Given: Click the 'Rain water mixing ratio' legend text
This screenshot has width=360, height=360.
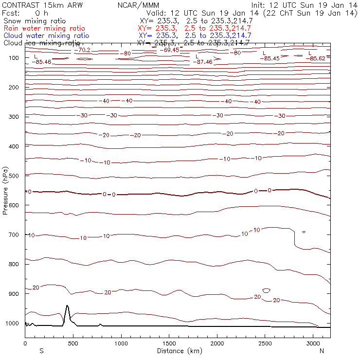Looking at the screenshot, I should (x=44, y=28).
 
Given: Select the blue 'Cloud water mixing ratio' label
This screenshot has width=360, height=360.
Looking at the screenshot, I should (x=46, y=36).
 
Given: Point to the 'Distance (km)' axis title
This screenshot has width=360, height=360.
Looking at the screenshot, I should (x=178, y=351).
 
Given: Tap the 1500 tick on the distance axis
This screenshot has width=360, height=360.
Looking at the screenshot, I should (x=169, y=343).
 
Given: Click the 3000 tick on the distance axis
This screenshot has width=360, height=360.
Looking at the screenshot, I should (x=313, y=343).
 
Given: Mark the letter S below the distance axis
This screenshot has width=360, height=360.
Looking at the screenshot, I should (x=41, y=351).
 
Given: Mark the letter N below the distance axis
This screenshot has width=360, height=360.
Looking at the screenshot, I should (x=322, y=351).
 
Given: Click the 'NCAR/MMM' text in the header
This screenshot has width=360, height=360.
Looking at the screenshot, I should (x=138, y=5).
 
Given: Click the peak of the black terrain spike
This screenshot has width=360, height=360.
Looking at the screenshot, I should (x=67, y=306).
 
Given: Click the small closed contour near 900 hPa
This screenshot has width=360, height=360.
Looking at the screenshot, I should (x=266, y=290).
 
